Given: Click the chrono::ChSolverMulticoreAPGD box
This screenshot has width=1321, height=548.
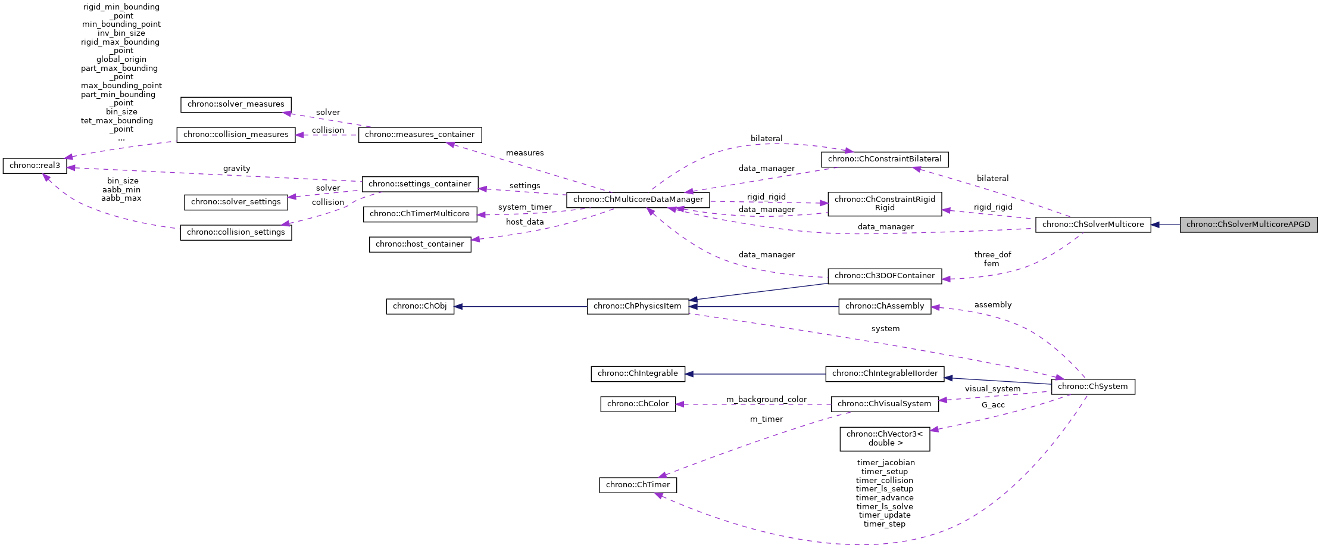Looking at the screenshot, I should pyautogui.click(x=1248, y=225).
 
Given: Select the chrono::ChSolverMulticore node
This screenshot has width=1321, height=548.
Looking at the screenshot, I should pyautogui.click(x=1092, y=225).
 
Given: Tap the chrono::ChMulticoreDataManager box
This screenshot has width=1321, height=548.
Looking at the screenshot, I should pyautogui.click(x=638, y=200).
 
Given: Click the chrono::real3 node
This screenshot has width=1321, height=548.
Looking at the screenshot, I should pyautogui.click(x=35, y=166).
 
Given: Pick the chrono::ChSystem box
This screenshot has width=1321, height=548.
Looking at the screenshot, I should pyautogui.click(x=1092, y=387).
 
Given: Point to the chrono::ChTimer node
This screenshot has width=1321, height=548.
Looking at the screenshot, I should pyautogui.click(x=638, y=485).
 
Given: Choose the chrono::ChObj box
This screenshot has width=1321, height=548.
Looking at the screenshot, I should pyautogui.click(x=420, y=306).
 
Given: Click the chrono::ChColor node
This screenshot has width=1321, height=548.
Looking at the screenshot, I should pyautogui.click(x=638, y=404).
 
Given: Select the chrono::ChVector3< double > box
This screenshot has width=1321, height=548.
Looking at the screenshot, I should pyautogui.click(x=884, y=438).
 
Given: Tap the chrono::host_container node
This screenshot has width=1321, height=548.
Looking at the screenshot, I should pyautogui.click(x=420, y=244).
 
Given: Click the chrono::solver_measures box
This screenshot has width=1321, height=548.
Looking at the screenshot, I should pyautogui.click(x=236, y=104).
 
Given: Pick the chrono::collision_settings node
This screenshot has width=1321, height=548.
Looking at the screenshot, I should pyautogui.click(x=236, y=232).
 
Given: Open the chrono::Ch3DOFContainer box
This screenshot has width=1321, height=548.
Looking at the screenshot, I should pyautogui.click(x=884, y=276).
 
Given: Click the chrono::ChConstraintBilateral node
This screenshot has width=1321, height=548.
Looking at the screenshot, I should pyautogui.click(x=884, y=159).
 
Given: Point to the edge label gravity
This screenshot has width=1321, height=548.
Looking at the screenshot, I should pyautogui.click(x=236, y=169).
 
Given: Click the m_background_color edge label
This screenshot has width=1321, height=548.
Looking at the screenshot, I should pyautogui.click(x=766, y=399).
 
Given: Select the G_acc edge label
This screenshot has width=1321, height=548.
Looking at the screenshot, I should pyautogui.click(x=993, y=405).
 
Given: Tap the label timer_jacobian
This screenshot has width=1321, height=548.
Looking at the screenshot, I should pyautogui.click(x=885, y=462).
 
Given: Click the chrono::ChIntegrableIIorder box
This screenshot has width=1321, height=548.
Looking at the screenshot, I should pyautogui.click(x=884, y=373).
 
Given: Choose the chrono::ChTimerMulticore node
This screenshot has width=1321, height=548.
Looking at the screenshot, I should pyautogui.click(x=420, y=214).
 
